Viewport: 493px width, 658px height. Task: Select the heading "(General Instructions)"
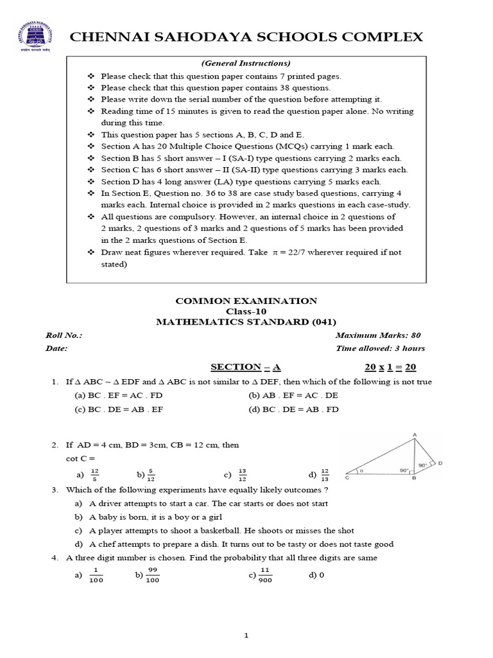[246, 63]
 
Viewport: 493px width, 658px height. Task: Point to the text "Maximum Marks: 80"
[378, 335]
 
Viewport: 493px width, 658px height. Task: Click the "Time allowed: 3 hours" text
[380, 348]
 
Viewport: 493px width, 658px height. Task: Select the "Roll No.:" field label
[64, 335]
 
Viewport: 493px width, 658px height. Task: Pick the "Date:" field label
[56, 348]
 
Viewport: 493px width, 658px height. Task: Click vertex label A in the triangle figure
[415, 436]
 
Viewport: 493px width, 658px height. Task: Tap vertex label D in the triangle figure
[440, 463]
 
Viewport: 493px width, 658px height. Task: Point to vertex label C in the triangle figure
[347, 478]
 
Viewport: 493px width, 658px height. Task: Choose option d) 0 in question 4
[316, 575]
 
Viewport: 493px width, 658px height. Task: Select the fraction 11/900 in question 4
[264, 575]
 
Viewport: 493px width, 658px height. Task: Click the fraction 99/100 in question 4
[153, 575]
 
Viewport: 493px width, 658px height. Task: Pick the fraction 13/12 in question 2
[241, 475]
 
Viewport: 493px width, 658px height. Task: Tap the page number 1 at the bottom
[246, 636]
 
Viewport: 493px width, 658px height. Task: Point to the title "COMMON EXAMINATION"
[246, 301]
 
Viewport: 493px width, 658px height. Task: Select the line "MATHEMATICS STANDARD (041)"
[246, 322]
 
